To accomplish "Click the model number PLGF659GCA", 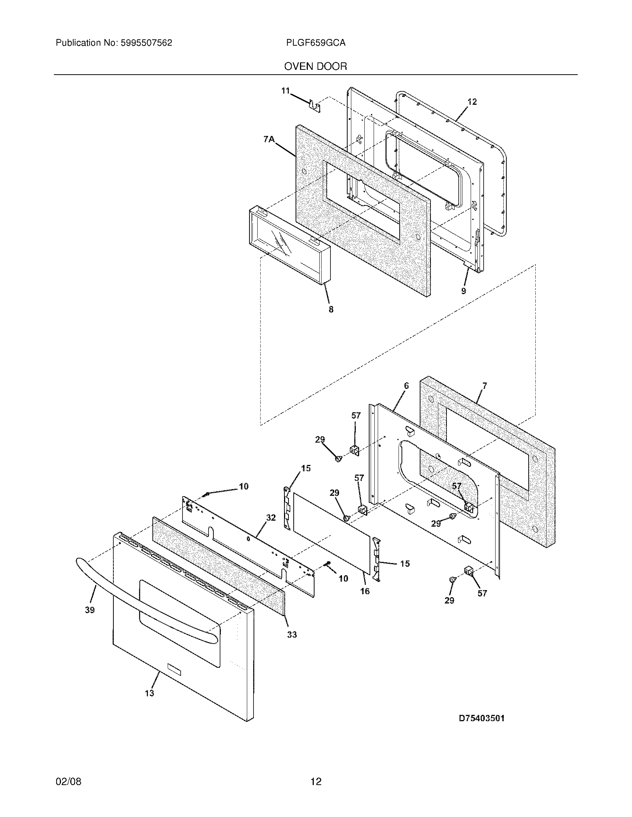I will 315,43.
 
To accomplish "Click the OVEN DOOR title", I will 315,66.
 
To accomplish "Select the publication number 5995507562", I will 146,43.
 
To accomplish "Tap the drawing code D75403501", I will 481,718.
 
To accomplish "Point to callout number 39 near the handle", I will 90,610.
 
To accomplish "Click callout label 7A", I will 269,140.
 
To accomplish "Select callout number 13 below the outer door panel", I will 149,693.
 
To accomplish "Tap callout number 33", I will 292,634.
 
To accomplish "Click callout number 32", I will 271,518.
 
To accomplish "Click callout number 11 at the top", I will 285,91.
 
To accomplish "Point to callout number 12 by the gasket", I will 472,102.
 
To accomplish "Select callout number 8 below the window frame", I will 331,309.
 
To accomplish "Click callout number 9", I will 464,291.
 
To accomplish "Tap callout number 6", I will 406,385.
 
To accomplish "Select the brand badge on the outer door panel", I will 174,670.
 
